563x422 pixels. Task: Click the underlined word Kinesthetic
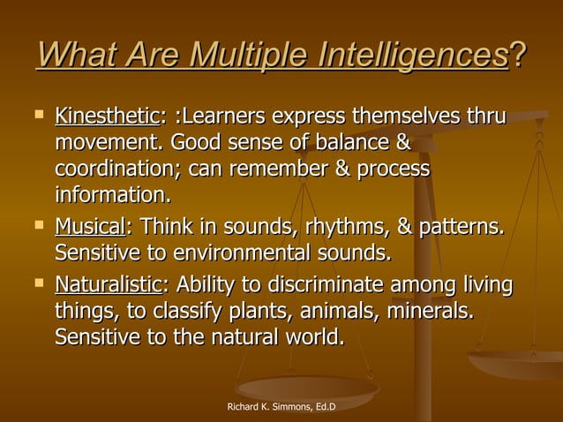106,117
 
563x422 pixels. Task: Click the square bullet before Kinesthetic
37,114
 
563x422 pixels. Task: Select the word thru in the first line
488,117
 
